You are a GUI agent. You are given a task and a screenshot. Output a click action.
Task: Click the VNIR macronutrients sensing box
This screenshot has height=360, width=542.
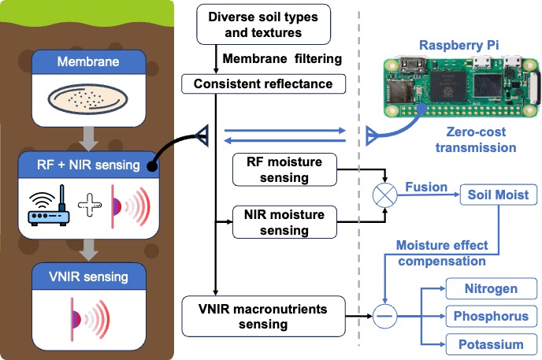point(268,315)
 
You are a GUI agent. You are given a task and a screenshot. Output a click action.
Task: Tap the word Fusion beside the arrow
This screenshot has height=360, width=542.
point(426,187)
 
